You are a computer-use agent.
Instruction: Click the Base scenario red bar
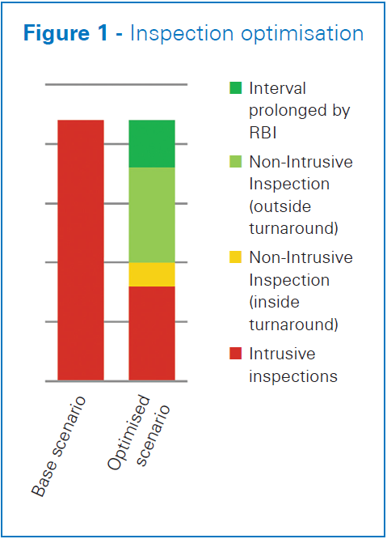(81, 250)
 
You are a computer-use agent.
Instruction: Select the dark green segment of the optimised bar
(152, 144)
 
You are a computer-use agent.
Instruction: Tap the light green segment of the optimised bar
(152, 215)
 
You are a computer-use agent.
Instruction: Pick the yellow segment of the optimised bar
(152, 274)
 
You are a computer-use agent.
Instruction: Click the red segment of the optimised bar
(152, 333)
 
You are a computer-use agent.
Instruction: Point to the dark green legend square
(236, 88)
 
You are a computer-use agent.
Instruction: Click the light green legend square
(236, 162)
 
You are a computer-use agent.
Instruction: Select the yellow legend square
(236, 257)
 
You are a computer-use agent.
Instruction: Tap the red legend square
(236, 354)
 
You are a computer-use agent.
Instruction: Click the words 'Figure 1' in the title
(65, 33)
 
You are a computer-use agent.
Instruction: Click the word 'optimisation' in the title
(302, 35)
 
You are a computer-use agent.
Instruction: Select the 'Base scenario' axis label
(58, 446)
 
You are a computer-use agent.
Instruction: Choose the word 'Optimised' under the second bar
(128, 432)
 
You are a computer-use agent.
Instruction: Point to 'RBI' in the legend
(263, 133)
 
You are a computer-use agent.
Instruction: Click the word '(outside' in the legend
(280, 206)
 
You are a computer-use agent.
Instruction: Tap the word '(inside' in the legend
(274, 302)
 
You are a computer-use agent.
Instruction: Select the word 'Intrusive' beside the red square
(282, 354)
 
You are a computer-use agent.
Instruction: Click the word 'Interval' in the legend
(277, 88)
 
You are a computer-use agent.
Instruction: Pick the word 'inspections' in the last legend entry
(293, 377)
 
